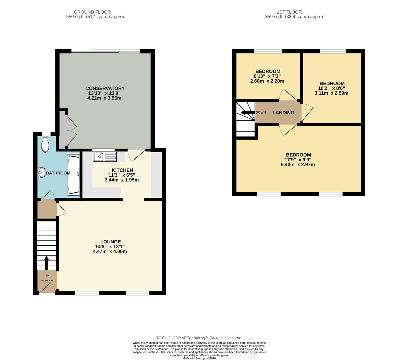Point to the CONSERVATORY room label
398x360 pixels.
pos(105,88)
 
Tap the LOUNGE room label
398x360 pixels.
pos(110,242)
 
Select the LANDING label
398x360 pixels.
pos(283,113)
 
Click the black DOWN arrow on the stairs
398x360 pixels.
pos(247,112)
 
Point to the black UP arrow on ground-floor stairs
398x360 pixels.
pos(46,263)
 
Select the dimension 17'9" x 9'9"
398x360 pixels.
pos(298,160)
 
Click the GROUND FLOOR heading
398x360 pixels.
pos(92,12)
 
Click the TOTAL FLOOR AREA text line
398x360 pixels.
pos(199,338)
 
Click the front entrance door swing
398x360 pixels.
pos(49,289)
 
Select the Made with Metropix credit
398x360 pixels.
pos(199,358)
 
